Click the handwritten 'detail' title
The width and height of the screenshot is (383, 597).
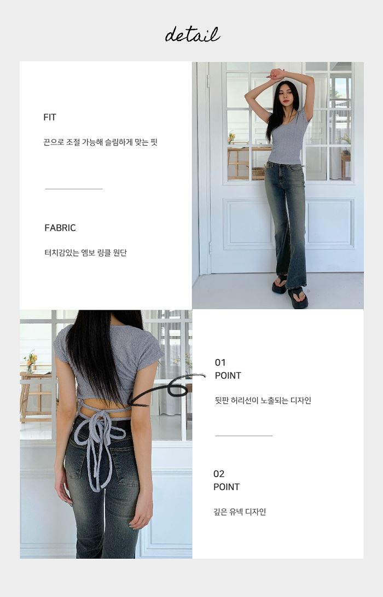click(193, 34)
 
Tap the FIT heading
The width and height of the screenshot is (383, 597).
click(50, 117)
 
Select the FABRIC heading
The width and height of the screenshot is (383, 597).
click(60, 228)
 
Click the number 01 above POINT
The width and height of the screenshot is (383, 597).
click(220, 362)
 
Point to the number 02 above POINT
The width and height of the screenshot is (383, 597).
click(219, 474)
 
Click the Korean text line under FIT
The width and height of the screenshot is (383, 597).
click(101, 142)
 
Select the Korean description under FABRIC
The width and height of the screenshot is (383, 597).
click(86, 253)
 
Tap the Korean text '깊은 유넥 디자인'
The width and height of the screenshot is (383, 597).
click(240, 512)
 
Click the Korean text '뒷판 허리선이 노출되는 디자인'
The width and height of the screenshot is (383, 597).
click(263, 401)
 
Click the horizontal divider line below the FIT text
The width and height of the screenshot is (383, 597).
click(74, 188)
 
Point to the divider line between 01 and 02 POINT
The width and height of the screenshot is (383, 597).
click(244, 436)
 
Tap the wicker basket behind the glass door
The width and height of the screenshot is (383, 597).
click(258, 172)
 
